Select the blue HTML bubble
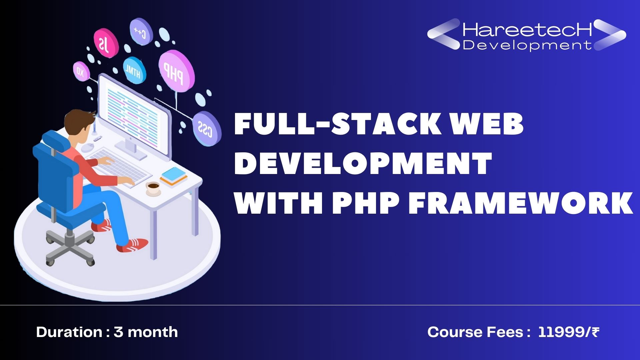134,70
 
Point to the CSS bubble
207,128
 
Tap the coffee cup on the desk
153,188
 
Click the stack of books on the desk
174,176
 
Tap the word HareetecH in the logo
527,29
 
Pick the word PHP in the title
366,203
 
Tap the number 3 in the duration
118,332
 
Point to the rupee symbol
595,332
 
